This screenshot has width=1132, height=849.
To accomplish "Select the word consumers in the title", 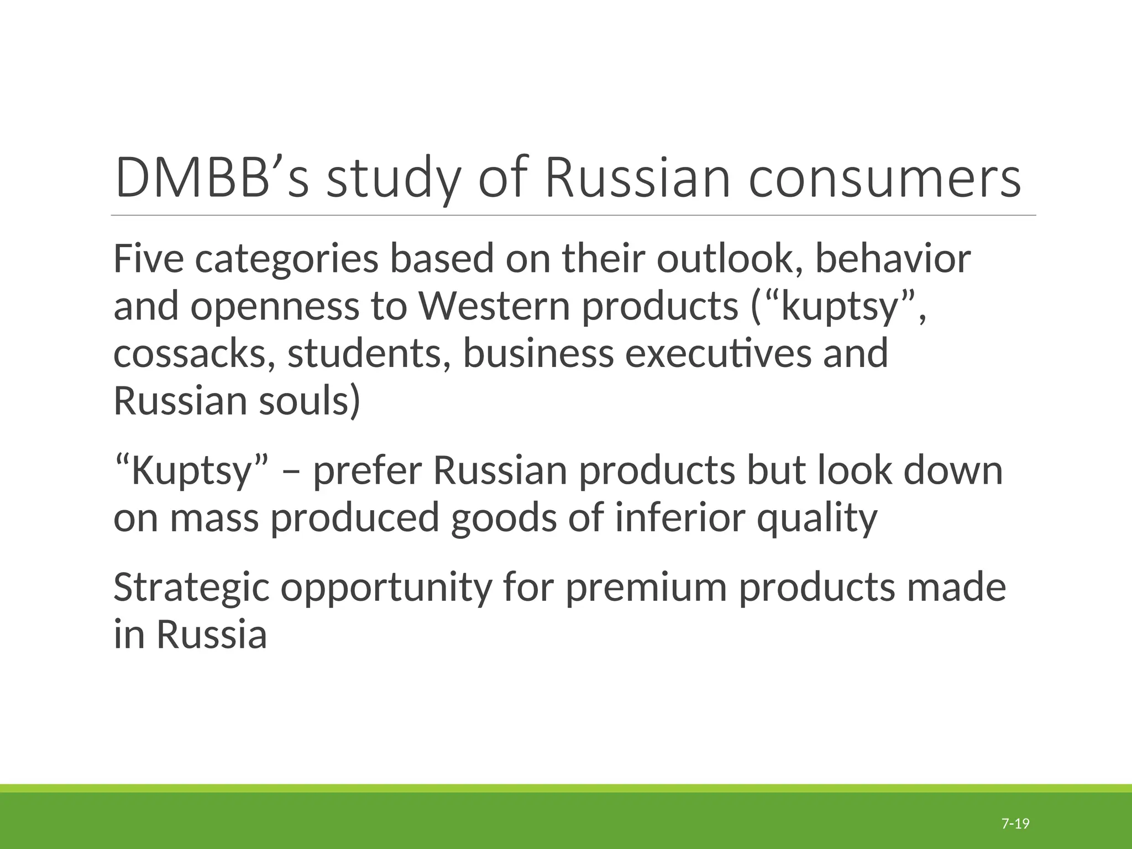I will coord(884,179).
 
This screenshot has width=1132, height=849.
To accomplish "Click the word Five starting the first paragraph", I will coord(148,259).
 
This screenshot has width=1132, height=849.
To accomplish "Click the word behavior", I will coord(893,259).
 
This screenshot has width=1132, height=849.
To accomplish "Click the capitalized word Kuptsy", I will coord(191,471).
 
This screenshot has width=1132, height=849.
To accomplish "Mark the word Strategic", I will coord(191,588).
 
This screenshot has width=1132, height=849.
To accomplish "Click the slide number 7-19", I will coord(1015,809).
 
